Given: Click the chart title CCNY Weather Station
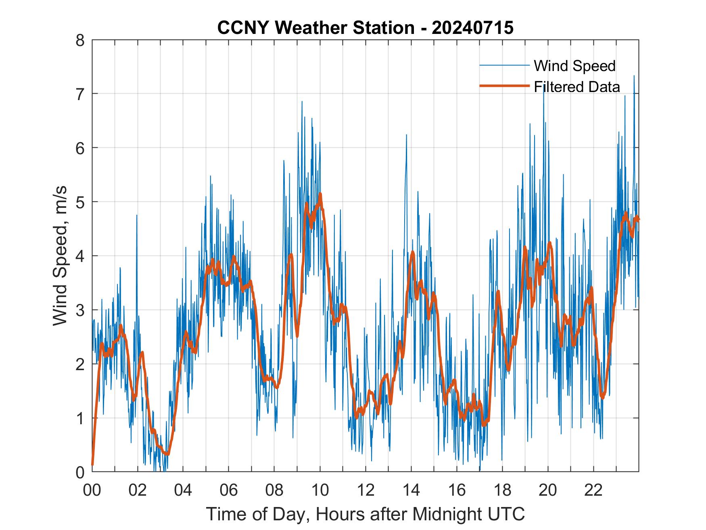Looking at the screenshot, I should (x=315, y=28).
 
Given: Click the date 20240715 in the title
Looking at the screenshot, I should (x=472, y=28).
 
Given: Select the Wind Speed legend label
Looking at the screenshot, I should (x=574, y=66).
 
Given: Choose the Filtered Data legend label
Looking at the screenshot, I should (x=577, y=87).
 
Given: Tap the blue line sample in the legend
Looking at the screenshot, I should (x=504, y=65).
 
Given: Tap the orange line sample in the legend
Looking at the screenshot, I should (x=504, y=86).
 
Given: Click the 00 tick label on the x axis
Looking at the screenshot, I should (x=92, y=490).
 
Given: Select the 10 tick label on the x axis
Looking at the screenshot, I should (x=320, y=490).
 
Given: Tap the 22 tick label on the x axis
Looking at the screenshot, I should (x=593, y=490).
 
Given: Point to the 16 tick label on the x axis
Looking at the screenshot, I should (x=457, y=490).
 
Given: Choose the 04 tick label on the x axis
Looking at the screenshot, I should (x=183, y=490).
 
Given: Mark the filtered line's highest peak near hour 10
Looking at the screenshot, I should (x=320, y=194).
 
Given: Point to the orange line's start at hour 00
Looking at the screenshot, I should (x=92, y=464).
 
